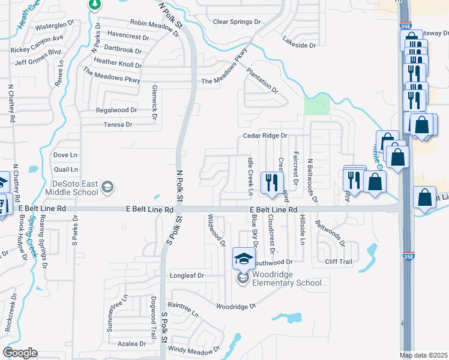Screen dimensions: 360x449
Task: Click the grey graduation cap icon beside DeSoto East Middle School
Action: point(107,187)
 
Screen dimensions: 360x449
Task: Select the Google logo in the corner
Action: point(20,353)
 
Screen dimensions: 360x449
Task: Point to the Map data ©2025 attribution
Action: point(424,355)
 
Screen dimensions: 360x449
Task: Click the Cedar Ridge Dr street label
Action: point(265,136)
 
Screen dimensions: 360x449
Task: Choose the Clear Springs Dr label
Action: point(238,22)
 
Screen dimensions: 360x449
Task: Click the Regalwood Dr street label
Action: point(116,110)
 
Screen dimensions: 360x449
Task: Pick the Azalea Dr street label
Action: point(131,344)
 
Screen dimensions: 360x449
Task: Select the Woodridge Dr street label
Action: point(236,306)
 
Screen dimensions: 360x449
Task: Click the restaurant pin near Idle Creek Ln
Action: point(273,183)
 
